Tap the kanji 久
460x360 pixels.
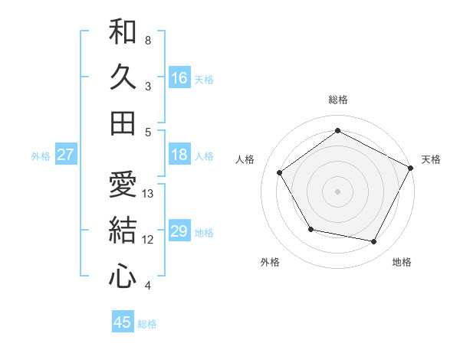(123, 77)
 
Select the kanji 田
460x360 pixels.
(123, 123)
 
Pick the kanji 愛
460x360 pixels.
(123, 185)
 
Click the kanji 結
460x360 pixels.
(123, 231)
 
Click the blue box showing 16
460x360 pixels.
(179, 77)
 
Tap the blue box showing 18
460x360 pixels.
(179, 155)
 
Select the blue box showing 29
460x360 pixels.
(179, 231)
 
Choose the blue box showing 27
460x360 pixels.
(65, 155)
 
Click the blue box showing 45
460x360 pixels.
(123, 322)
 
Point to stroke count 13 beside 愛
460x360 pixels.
(149, 194)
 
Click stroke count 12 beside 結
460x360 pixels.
(149, 240)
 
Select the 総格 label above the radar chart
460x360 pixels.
(338, 100)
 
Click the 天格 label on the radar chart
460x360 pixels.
(431, 159)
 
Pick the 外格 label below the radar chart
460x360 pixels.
(270, 262)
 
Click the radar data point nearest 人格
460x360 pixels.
(280, 172)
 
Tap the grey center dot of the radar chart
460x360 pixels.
(338, 191)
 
